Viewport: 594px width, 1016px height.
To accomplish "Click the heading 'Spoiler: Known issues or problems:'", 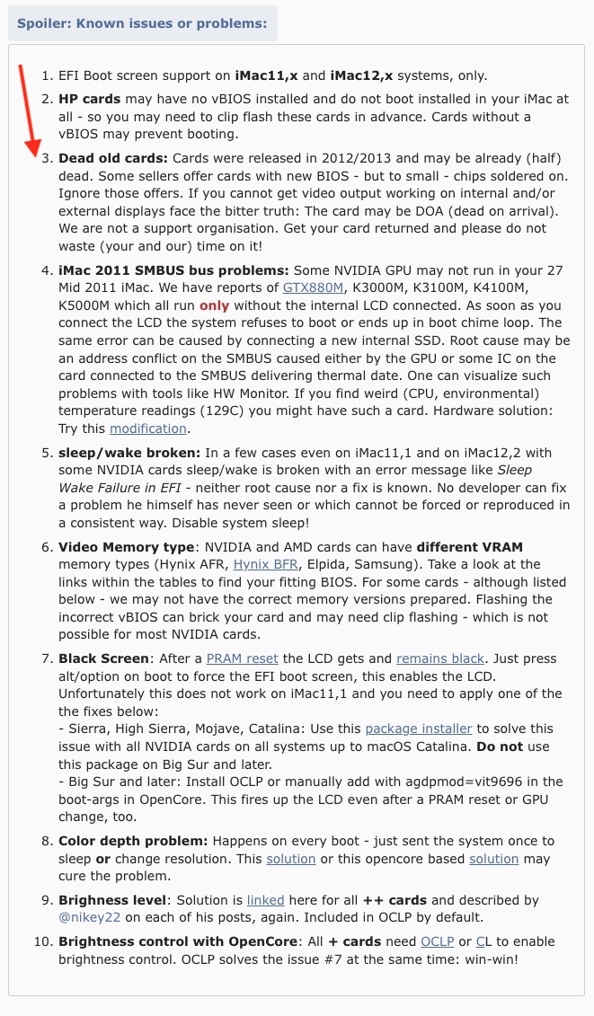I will pyautogui.click(x=142, y=22).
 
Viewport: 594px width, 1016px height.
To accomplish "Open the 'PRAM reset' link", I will pyautogui.click(x=238, y=658).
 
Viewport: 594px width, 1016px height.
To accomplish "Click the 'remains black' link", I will pyautogui.click(x=440, y=658).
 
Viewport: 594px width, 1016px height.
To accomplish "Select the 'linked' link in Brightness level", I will pyautogui.click(x=265, y=899).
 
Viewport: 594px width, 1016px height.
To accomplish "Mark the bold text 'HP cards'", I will pyautogui.click(x=89, y=98).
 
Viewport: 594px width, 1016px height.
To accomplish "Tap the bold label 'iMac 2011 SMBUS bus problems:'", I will pyautogui.click(x=173, y=269).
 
